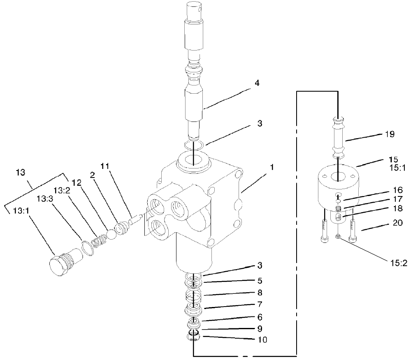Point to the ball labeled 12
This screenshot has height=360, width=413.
(111, 233)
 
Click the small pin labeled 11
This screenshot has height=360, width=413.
(135, 220)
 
